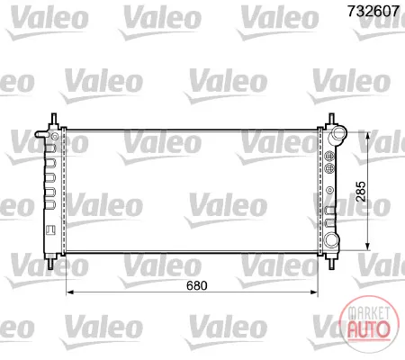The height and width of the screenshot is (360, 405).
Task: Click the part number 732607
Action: coord(373,12)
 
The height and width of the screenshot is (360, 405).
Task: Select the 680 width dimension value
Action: coord(197,285)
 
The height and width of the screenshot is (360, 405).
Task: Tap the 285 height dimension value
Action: coord(361,192)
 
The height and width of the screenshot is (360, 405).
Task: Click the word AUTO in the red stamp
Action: coord(369,329)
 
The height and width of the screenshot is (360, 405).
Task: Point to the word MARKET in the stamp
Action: coord(369,313)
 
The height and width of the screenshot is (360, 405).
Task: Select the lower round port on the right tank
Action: coord(332,239)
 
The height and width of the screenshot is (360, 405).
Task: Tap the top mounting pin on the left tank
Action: coord(54,120)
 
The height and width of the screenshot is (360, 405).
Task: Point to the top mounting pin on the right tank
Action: coord(331,119)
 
